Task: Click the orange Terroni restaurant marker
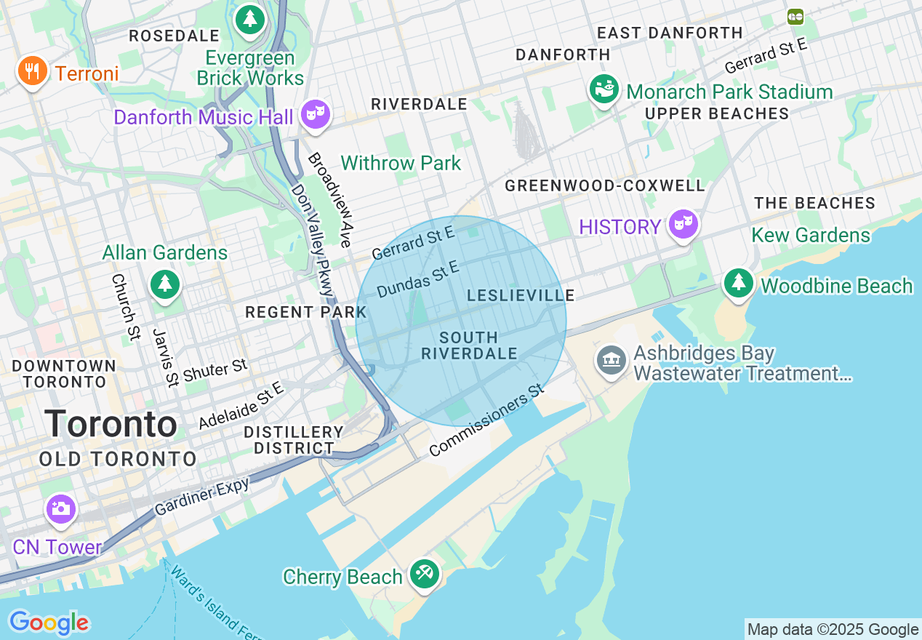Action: (31, 71)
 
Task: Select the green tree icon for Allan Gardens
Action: (165, 284)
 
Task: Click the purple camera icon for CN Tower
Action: (60, 508)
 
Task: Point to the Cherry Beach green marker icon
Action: (423, 574)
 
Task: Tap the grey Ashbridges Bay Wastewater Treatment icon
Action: (611, 360)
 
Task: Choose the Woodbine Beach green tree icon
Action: (739, 281)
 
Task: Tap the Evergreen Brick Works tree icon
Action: (250, 19)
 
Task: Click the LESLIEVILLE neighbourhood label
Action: (521, 295)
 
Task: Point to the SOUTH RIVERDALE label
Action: (469, 346)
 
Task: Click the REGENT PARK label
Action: (305, 313)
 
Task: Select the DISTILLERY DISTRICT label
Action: (294, 441)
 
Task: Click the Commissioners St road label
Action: (486, 420)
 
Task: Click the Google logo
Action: (49, 623)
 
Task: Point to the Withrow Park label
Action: (401, 163)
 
